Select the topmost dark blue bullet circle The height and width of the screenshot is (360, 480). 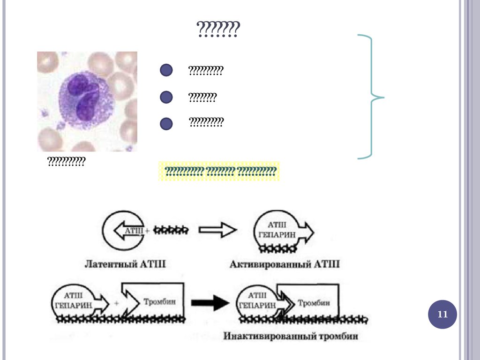[166, 71]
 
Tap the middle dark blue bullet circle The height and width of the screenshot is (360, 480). [166, 97]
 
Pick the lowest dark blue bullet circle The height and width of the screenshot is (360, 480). [166, 124]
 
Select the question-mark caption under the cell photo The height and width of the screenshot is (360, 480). [66, 162]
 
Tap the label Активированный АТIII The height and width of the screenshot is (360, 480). [285, 264]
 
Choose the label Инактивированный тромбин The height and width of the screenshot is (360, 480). [291, 336]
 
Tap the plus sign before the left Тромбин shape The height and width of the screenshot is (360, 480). [116, 303]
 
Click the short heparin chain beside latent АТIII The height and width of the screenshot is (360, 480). [171, 230]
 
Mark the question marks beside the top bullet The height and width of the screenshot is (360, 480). [206, 71]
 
